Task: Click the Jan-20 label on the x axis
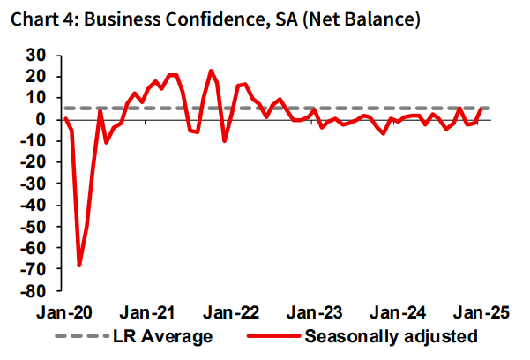[64, 311]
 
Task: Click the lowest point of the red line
[79, 265]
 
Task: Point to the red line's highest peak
[211, 71]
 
